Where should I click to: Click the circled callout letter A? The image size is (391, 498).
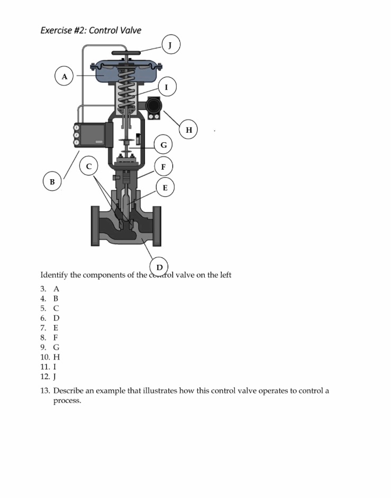[65, 77]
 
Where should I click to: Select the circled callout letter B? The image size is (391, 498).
[52, 182]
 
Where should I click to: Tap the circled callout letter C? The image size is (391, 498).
[89, 167]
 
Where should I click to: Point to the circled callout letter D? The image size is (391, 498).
[159, 266]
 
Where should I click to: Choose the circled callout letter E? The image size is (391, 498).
[165, 187]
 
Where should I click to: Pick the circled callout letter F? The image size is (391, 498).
[163, 167]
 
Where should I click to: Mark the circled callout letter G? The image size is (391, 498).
[163, 144]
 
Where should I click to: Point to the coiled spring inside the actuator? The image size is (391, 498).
[125, 90]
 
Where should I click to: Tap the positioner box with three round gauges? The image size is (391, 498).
[93, 135]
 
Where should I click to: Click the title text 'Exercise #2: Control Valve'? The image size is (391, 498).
[90, 30]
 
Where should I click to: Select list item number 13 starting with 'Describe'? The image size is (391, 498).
[190, 391]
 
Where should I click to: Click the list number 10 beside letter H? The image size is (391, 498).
[45, 357]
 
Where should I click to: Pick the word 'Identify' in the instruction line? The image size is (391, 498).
[54, 275]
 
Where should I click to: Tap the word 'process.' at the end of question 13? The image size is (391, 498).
[67, 401]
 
